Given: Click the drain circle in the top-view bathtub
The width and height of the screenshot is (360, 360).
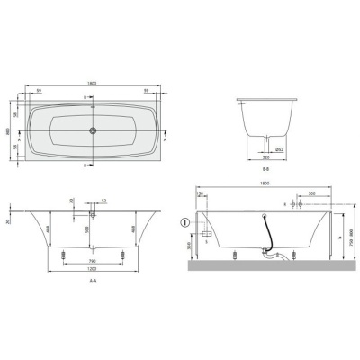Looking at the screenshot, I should [92, 130].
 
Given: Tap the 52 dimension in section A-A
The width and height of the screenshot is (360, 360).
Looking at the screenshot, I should [104, 201].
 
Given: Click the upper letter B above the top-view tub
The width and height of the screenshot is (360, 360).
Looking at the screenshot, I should [85, 96].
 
